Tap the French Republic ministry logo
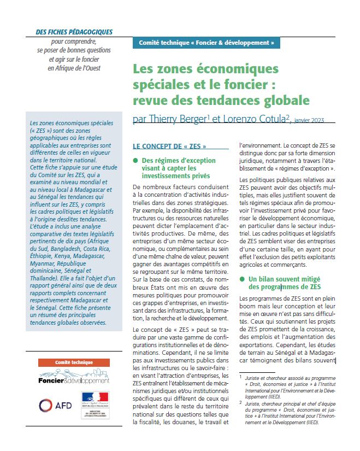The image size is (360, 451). pyautogui.click(x=95, y=405)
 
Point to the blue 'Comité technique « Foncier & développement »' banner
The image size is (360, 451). pyautogui.click(x=206, y=42)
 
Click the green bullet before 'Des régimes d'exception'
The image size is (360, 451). pyautogui.click(x=135, y=160)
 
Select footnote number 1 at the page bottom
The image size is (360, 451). pyautogui.click(x=241, y=377)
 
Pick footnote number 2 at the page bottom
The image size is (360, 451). pyautogui.click(x=241, y=402)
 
